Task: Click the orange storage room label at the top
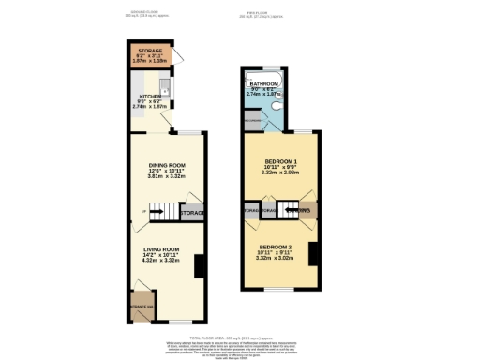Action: [x=150, y=51]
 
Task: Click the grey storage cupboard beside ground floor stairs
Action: [x=193, y=212]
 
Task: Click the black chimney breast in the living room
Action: [x=200, y=267]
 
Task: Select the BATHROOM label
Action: [x=263, y=84]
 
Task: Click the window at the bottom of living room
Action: [x=175, y=321]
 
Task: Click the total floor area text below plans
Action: [x=239, y=335]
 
